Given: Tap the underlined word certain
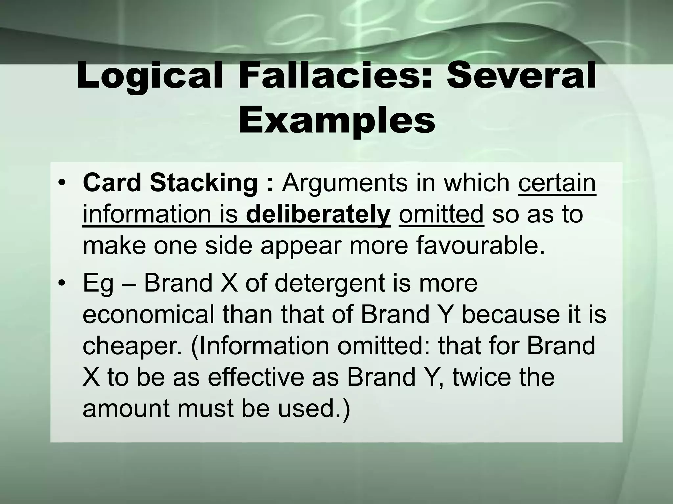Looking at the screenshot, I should pyautogui.click(x=557, y=183).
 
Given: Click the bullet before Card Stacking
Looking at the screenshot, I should pyautogui.click(x=61, y=183).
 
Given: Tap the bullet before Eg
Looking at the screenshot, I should pyautogui.click(x=61, y=283).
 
